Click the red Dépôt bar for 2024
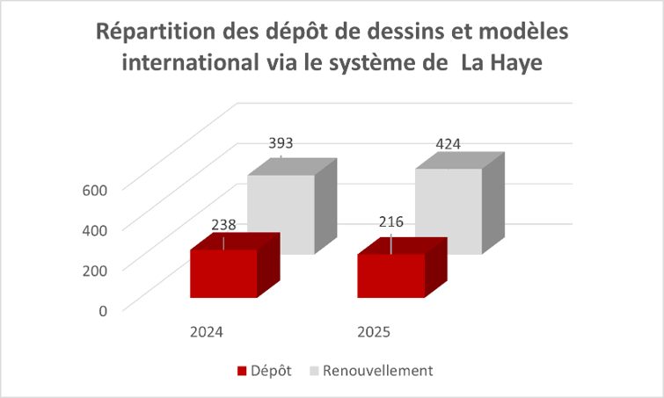tap(223, 273)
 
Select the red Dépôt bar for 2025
tap(390, 276)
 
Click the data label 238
tap(224, 225)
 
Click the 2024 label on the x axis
tap(206, 333)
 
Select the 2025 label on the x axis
tap(373, 333)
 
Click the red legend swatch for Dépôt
tap(242, 371)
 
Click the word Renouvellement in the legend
tap(377, 371)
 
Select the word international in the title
tap(193, 64)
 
